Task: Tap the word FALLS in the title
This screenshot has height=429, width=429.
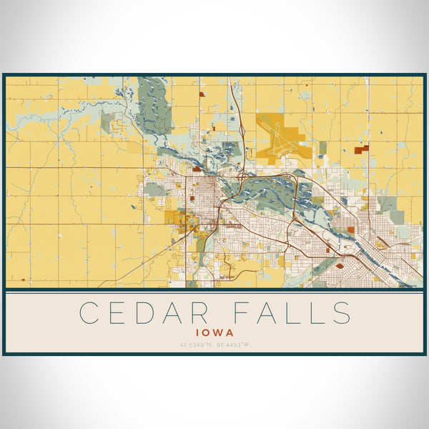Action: click(289, 313)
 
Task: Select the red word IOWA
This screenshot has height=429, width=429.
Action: click(214, 332)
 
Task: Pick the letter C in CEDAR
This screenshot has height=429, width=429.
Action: click(89, 313)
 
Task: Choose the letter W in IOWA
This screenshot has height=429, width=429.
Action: click(219, 332)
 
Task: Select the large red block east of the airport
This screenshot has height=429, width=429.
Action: click(363, 149)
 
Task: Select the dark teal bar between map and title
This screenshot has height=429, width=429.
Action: click(214, 291)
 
